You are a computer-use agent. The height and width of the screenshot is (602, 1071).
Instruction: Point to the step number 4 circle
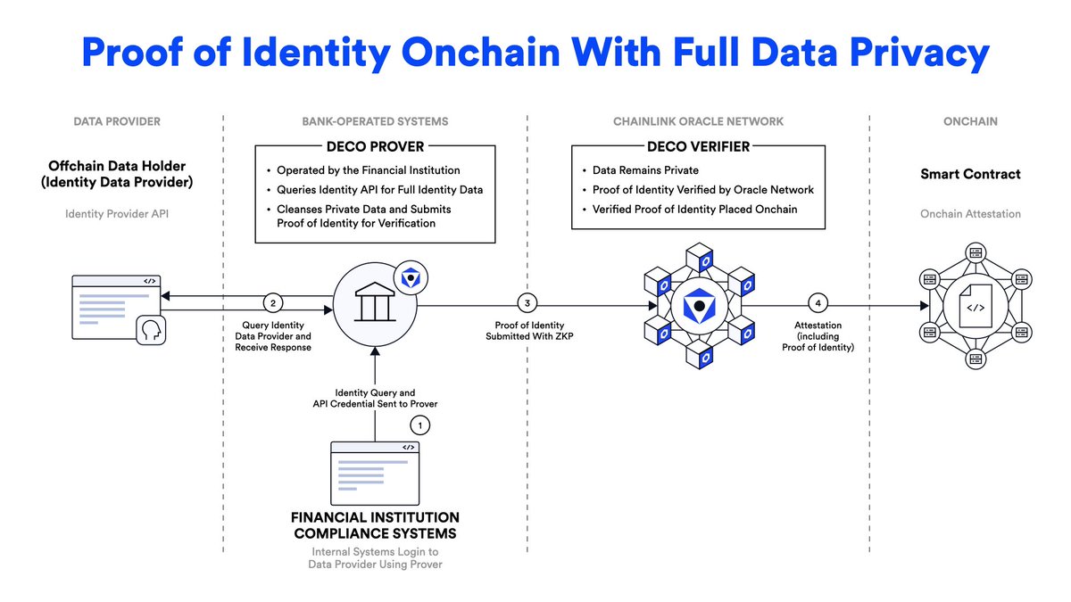point(818,301)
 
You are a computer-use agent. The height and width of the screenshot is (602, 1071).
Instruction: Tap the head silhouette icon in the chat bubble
point(149,330)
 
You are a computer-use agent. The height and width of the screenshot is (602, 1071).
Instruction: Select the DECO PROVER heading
point(375,146)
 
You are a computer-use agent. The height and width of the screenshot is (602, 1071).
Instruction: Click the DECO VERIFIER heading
point(698,146)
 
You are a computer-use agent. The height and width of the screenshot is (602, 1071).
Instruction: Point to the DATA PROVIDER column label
point(117,121)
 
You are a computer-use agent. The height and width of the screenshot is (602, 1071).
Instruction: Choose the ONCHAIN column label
point(970,121)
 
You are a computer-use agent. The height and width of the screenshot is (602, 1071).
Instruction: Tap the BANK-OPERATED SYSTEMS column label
point(375,121)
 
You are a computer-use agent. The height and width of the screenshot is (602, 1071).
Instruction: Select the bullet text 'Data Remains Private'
point(645,169)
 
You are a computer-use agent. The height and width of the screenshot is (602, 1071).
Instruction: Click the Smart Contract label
point(970,174)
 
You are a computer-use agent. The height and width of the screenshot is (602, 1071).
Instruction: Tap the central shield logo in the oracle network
point(699,307)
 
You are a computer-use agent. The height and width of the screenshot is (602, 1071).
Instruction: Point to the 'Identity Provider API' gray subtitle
point(117,214)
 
